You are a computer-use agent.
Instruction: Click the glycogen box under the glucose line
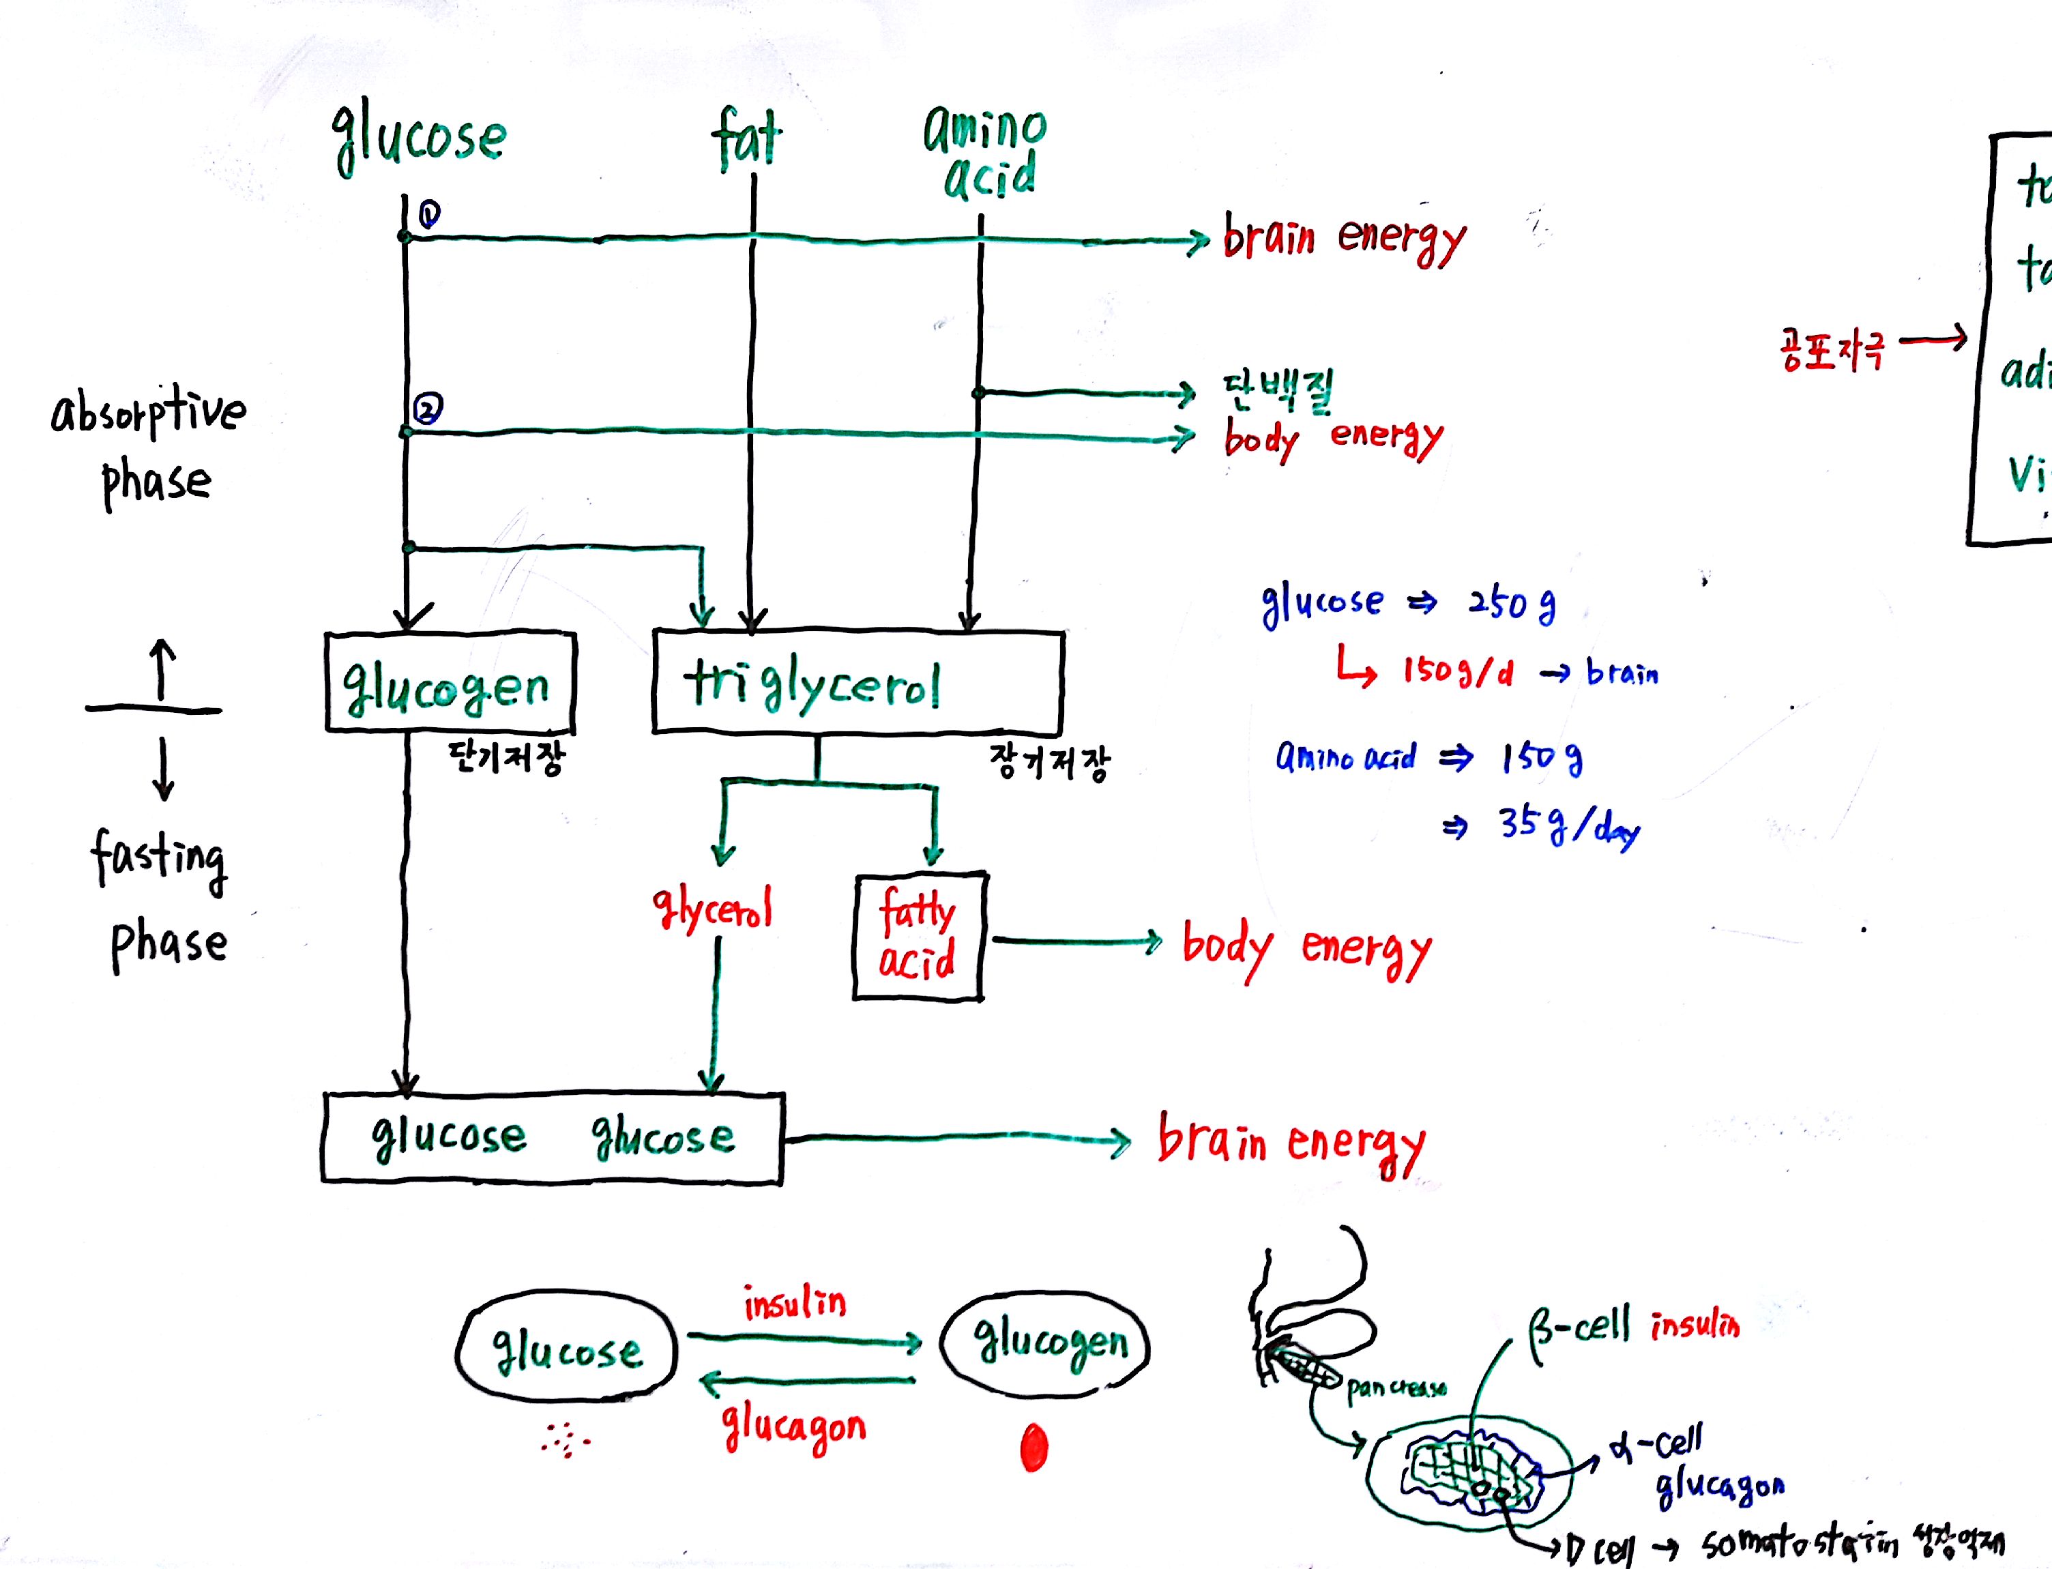tap(450, 681)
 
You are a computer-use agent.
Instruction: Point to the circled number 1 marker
tap(428, 215)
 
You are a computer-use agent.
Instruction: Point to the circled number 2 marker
tap(428, 408)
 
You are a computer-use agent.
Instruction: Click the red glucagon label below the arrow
tap(794, 1428)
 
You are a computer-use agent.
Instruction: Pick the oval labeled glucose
tap(567, 1349)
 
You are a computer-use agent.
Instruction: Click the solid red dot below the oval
tap(1034, 1448)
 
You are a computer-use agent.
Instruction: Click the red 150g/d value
tap(1458, 671)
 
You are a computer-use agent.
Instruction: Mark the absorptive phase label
tap(149, 445)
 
